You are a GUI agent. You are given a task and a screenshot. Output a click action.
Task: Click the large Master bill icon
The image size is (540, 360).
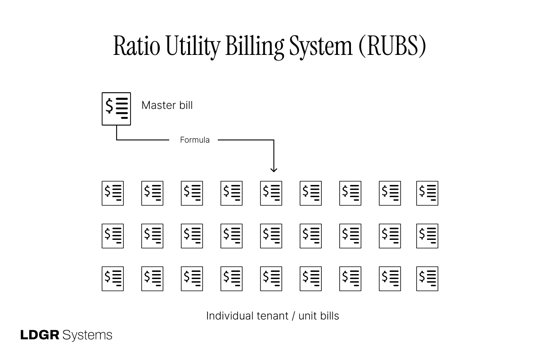pyautogui.click(x=116, y=109)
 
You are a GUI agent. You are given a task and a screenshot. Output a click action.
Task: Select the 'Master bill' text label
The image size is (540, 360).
pyautogui.click(x=167, y=105)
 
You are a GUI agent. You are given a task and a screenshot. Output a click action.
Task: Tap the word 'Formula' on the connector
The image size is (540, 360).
pyautogui.click(x=194, y=140)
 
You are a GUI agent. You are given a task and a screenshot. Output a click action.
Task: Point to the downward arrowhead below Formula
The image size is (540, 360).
pyautogui.click(x=274, y=169)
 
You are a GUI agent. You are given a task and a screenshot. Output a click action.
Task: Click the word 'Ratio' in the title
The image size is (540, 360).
pyautogui.click(x=136, y=46)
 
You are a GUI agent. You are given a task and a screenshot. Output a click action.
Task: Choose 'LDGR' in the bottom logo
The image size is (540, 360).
pyautogui.click(x=40, y=335)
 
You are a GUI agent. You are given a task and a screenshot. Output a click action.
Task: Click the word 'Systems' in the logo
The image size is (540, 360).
pyautogui.click(x=88, y=335)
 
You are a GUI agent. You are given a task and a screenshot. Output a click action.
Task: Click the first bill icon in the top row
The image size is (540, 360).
pyautogui.click(x=112, y=193)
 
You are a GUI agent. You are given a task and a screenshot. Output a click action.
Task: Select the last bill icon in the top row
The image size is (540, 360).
pyautogui.click(x=427, y=193)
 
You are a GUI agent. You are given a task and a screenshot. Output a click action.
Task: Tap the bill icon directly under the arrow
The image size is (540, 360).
pyautogui.click(x=271, y=193)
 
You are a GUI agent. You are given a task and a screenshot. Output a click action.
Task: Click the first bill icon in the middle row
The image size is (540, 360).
pyautogui.click(x=112, y=236)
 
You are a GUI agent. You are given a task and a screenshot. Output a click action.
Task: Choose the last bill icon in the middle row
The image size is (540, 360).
pyautogui.click(x=427, y=236)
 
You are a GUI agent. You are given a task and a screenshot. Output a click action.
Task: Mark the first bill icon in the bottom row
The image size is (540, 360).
pyautogui.click(x=112, y=279)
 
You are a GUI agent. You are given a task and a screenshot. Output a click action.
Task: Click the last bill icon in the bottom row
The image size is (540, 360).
pyautogui.click(x=427, y=279)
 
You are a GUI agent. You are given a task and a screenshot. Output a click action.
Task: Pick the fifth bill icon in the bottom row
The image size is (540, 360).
pyautogui.click(x=271, y=279)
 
